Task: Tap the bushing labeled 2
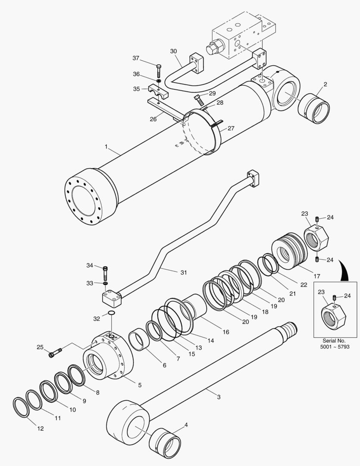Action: point(314,110)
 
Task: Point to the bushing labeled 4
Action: point(164,444)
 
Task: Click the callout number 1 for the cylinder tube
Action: point(106,147)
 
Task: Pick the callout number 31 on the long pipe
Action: point(183,272)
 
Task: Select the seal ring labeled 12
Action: point(21,407)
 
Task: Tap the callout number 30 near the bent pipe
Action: point(173,51)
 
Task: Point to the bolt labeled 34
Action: point(106,272)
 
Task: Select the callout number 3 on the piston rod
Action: point(219,397)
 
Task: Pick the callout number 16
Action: point(226,332)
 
